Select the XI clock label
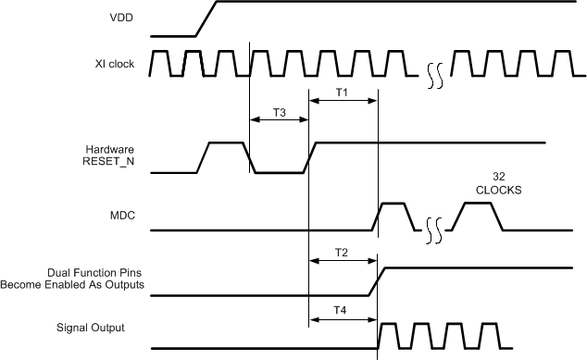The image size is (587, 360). coord(115,63)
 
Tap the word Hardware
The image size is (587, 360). coord(110,150)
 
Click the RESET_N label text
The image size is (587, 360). coord(110,162)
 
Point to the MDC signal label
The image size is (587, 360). coord(121,216)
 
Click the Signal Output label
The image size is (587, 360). coord(91,328)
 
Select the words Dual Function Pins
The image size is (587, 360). coord(95,273)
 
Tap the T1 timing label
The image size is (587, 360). coord(342,93)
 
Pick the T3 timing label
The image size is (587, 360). coord(279,112)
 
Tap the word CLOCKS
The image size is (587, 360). coord(498,191)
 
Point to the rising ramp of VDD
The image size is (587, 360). coord(206,19)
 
